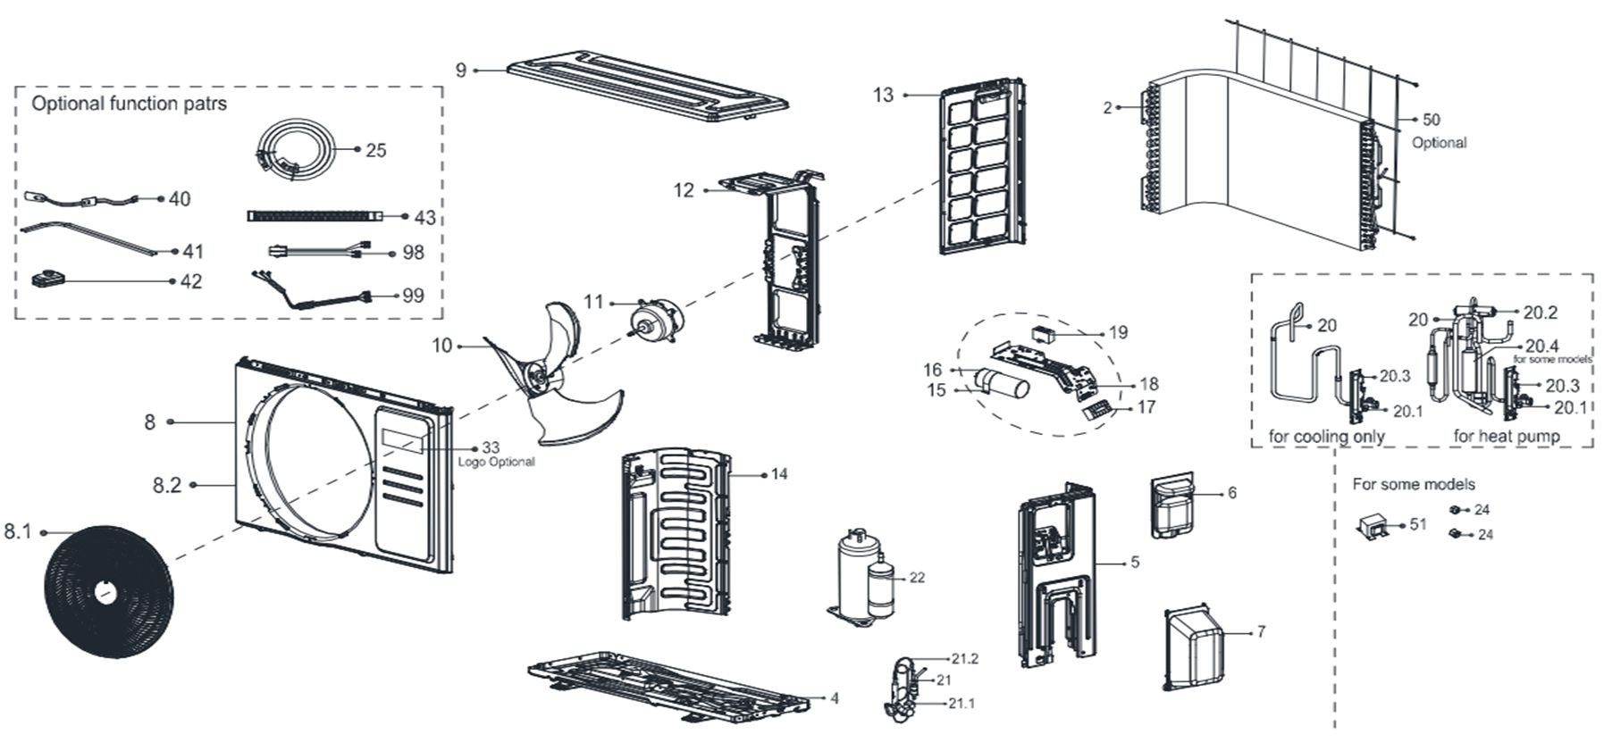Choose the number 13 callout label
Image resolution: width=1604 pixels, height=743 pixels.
[x=883, y=95]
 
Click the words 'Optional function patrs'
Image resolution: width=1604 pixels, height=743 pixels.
[x=129, y=104]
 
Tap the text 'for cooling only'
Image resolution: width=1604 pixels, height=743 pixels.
[x=1326, y=437]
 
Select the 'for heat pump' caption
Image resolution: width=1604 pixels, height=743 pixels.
[x=1507, y=437]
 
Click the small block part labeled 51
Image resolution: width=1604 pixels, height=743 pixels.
[x=1374, y=527]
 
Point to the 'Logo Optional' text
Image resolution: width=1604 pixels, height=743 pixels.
[x=496, y=463]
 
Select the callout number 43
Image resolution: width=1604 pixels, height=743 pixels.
[x=424, y=217]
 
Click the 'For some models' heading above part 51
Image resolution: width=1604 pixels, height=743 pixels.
[x=1413, y=484]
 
